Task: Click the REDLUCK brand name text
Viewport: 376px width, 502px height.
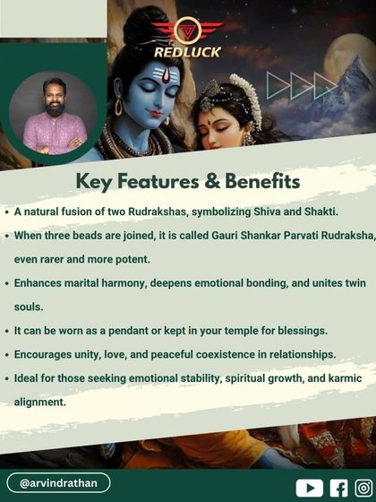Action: (x=187, y=52)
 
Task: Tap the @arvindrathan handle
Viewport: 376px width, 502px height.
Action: (x=59, y=483)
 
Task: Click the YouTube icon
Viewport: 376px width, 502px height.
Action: (x=310, y=488)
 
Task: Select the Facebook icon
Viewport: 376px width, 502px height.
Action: (x=339, y=488)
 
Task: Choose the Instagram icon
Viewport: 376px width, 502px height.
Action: (x=363, y=488)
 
